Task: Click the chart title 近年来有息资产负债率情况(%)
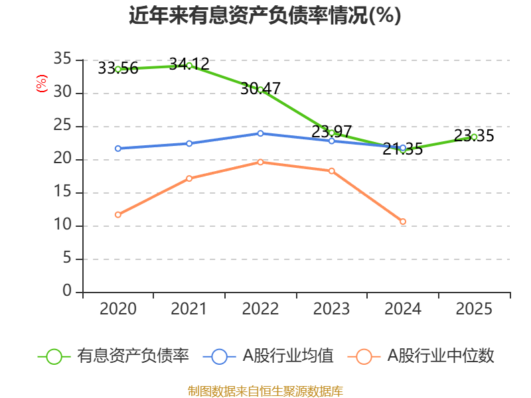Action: [265, 15]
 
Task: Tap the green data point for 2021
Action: [189, 65]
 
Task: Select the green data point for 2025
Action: [474, 137]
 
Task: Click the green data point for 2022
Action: [260, 90]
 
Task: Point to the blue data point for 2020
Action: [118, 149]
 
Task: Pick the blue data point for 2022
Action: [260, 133]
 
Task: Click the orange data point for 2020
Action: [118, 214]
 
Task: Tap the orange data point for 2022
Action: [260, 162]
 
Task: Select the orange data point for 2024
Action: [403, 222]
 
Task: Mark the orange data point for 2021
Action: [189, 178]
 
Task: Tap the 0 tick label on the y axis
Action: [66, 292]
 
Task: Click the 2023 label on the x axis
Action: [331, 309]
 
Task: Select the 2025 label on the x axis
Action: [474, 309]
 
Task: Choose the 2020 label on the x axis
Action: [118, 309]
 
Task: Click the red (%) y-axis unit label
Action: [42, 84]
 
